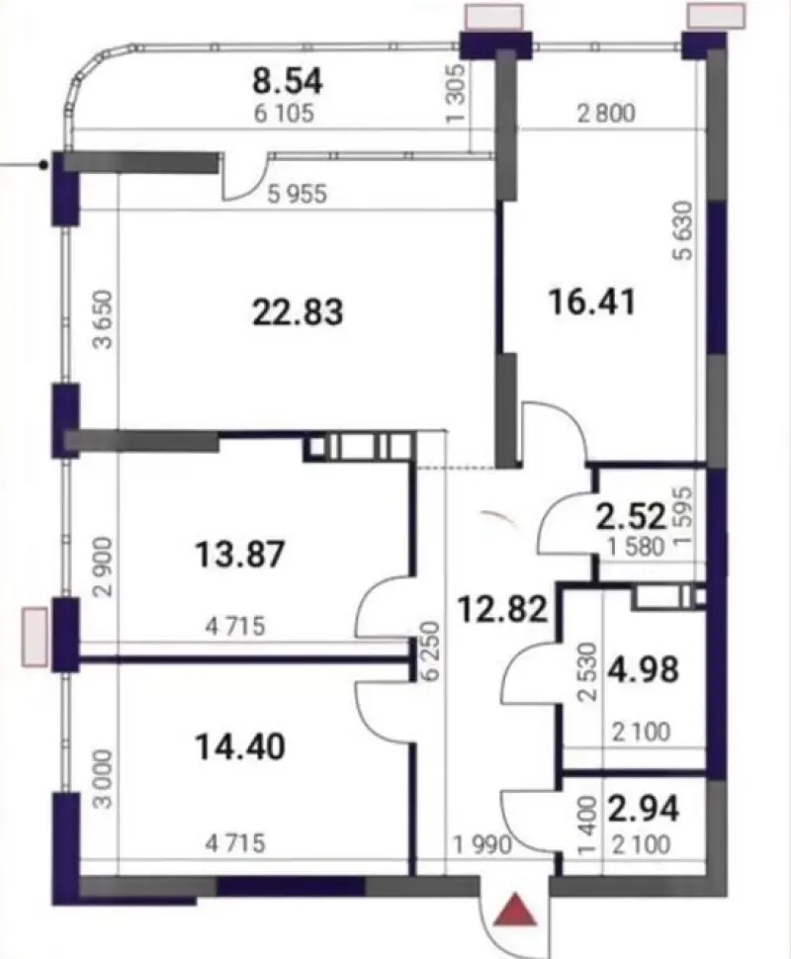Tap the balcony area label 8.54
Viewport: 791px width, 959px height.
[288, 81]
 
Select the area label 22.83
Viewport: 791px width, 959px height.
[298, 311]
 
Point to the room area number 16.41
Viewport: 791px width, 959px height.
[592, 303]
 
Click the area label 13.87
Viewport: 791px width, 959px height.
[240, 554]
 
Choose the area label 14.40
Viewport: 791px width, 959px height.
[240, 746]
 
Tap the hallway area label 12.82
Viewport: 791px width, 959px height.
[503, 610]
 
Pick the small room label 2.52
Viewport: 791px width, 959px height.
[631, 517]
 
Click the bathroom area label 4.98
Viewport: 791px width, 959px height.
[643, 668]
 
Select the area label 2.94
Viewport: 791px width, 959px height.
[643, 808]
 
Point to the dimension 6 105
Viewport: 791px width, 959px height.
[284, 114]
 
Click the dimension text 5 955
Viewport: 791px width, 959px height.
[298, 194]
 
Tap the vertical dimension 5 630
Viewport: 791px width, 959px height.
[684, 230]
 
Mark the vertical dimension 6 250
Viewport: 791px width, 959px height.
[431, 651]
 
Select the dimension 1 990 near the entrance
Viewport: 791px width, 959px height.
[483, 844]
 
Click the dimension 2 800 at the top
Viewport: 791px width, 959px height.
[606, 113]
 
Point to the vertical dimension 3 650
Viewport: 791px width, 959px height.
[104, 319]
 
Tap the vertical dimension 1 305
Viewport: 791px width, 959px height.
[457, 94]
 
